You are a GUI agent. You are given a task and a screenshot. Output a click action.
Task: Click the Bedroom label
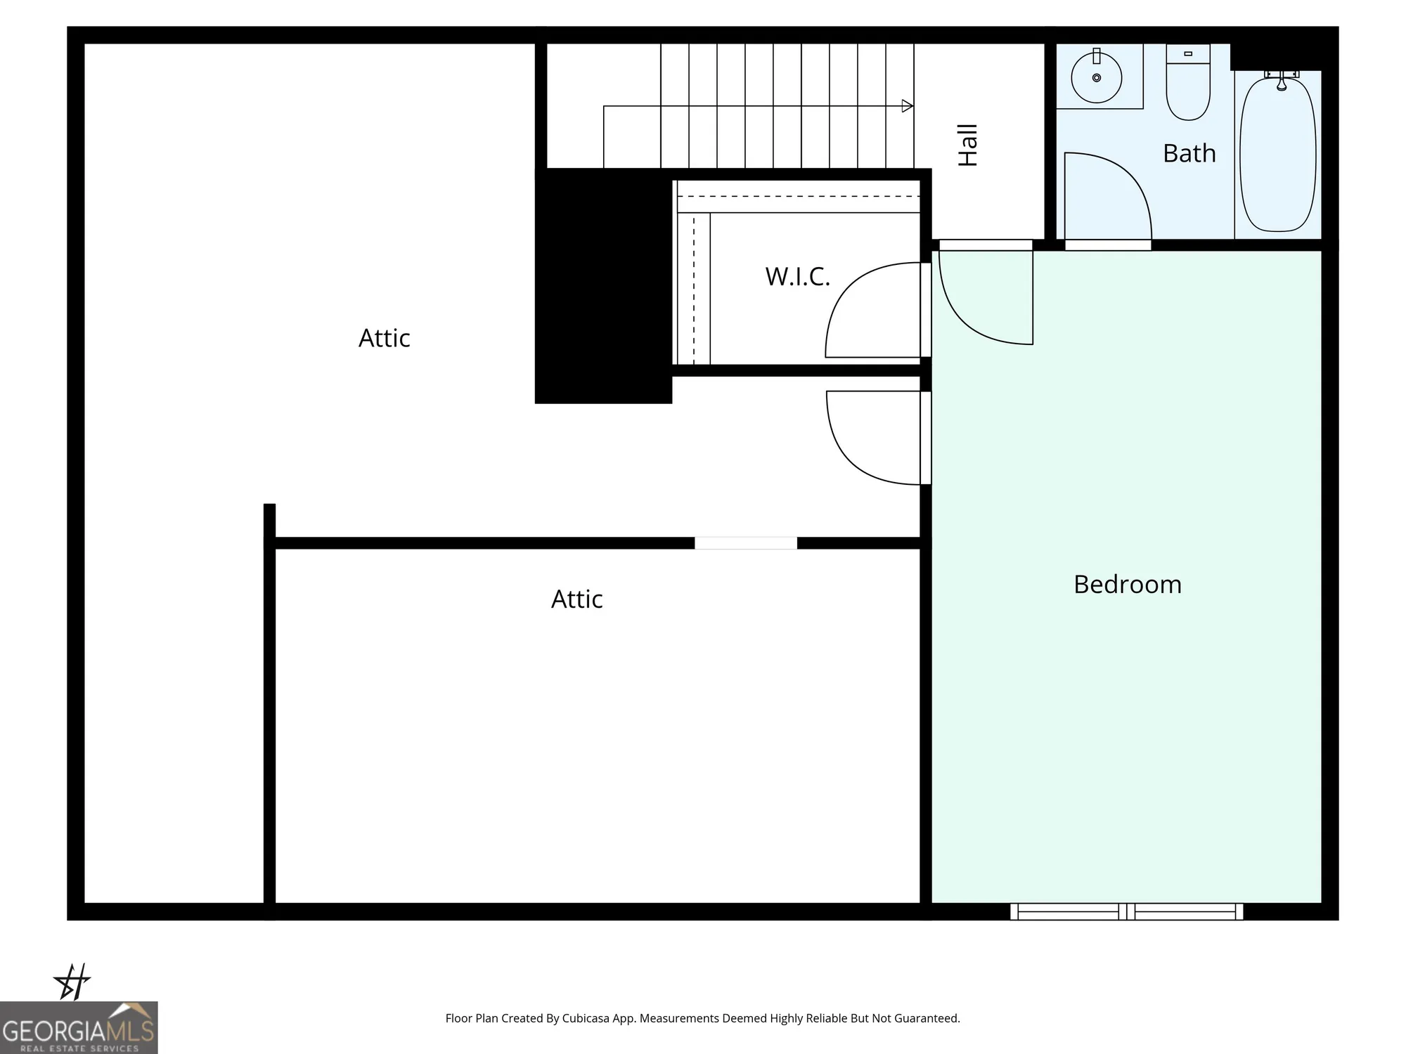[x=1128, y=585]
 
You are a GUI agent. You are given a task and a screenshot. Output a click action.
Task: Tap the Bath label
[x=1189, y=153]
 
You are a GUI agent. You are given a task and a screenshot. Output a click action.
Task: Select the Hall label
[x=968, y=145]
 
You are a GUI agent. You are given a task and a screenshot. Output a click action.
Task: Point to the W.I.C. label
[x=797, y=277]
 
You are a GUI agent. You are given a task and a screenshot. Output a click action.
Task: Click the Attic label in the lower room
[x=576, y=599]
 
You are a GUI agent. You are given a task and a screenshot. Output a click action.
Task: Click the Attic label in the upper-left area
[x=384, y=338]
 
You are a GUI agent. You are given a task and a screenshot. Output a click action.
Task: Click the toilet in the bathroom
[x=1188, y=84]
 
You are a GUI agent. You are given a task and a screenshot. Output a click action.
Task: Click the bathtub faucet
[x=1282, y=81]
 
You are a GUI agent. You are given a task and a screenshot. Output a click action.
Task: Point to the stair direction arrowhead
[x=908, y=106]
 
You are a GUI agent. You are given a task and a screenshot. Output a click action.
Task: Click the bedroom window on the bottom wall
[x=1126, y=911]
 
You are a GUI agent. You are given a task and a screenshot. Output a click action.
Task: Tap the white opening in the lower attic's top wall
[x=746, y=543]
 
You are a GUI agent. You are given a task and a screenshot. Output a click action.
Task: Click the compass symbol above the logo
[x=72, y=981]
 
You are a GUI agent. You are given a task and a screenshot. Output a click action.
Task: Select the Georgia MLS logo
[x=79, y=1028]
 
